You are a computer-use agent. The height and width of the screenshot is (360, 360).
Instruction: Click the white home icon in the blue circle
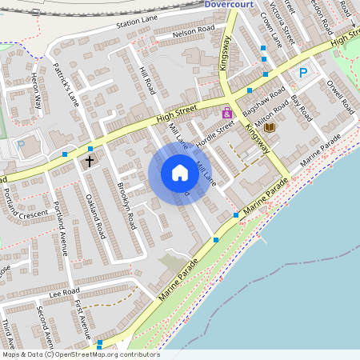(x=180, y=173)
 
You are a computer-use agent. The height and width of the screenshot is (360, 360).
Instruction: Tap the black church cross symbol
(x=90, y=161)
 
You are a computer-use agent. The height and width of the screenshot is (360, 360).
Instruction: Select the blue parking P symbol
(x=303, y=74)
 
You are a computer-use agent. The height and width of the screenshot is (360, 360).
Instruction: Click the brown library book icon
(x=269, y=127)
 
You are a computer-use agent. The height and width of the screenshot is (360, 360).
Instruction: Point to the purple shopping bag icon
(x=227, y=113)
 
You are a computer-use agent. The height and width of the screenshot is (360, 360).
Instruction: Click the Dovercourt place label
(x=229, y=4)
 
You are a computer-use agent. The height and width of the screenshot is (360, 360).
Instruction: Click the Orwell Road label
(x=339, y=95)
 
